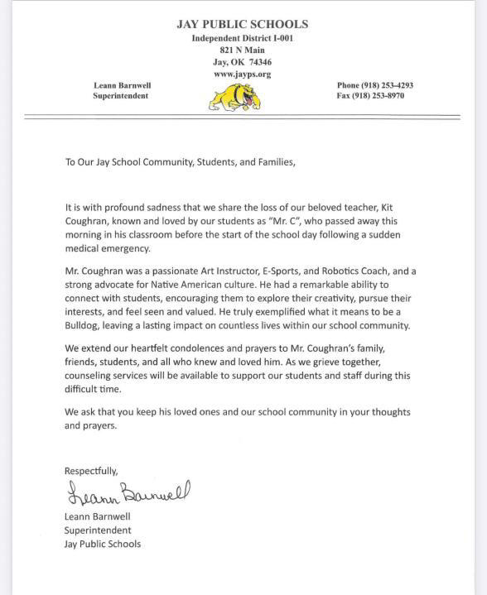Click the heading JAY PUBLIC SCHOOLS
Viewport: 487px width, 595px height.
click(x=242, y=25)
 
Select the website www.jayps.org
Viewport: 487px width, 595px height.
click(x=242, y=74)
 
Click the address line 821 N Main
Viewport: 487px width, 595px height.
click(x=242, y=50)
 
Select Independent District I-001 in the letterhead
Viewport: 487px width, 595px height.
click(x=242, y=38)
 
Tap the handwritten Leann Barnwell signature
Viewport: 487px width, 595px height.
click(x=127, y=494)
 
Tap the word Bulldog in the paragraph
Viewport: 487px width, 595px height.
click(x=89, y=326)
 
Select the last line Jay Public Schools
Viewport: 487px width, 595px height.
click(x=102, y=544)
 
